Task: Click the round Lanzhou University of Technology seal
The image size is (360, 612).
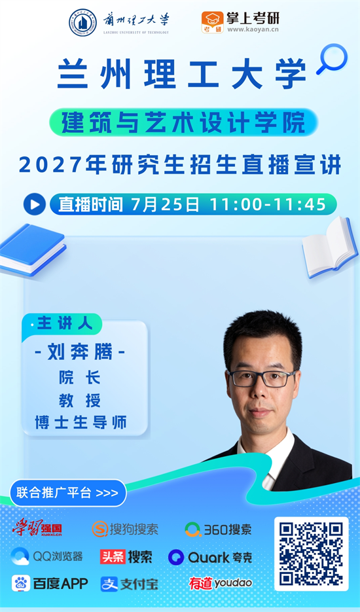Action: (82, 22)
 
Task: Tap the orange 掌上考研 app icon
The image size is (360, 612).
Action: (213, 22)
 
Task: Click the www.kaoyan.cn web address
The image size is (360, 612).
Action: (253, 29)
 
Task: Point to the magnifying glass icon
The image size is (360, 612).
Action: (333, 58)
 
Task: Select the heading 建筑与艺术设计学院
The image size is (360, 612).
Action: (183, 122)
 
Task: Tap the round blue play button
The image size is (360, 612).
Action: (34, 204)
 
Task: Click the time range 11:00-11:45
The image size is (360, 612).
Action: (268, 204)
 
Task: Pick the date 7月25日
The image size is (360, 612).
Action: (165, 204)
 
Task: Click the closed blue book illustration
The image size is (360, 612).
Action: (33, 249)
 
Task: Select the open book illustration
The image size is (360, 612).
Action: (329, 247)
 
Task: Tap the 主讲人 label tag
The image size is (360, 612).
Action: (64, 324)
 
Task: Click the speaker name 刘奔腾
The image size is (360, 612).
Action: (80, 353)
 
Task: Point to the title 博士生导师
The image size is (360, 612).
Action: (81, 423)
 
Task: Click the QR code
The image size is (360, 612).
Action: (311, 554)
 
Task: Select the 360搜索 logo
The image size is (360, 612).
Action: (218, 530)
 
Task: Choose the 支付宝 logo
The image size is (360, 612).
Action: (129, 584)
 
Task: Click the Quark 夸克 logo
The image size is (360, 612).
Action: (210, 557)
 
